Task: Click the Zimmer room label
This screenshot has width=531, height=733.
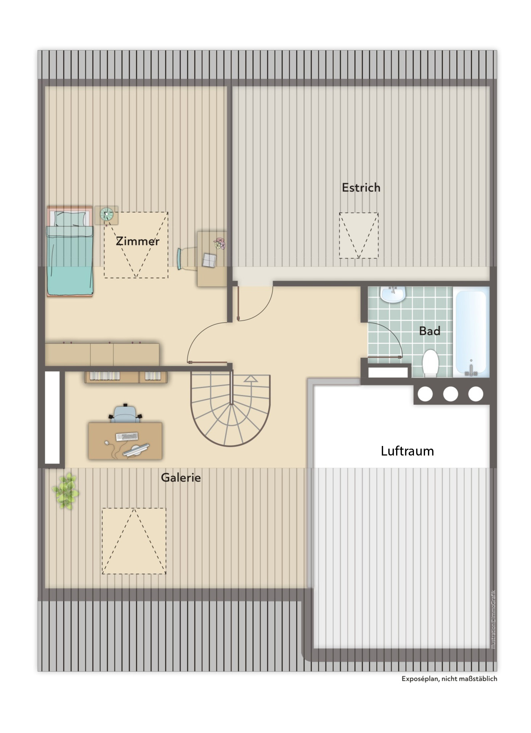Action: pos(138,241)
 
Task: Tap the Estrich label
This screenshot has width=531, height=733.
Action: pos(361,188)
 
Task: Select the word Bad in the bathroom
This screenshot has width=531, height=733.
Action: pos(430,331)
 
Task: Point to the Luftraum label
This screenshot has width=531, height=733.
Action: pos(407,451)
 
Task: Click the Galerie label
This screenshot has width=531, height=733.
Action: pos(181,477)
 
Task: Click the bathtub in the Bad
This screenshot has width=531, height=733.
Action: pos(471,332)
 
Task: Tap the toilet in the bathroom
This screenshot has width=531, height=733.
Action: pos(431,363)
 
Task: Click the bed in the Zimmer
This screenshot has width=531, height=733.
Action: pos(70,251)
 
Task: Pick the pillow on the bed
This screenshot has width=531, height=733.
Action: pos(70,218)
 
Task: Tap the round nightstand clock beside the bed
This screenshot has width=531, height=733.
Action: pos(106,214)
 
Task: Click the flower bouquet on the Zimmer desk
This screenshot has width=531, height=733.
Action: pos(220,243)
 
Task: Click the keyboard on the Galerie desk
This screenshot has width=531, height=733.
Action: pos(127,436)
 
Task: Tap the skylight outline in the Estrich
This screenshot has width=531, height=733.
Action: pos(359,236)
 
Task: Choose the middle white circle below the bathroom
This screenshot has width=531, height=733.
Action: pos(450,394)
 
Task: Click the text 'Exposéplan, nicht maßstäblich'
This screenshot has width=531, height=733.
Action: pos(449,678)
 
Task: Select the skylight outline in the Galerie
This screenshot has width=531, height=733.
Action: pos(134,541)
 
